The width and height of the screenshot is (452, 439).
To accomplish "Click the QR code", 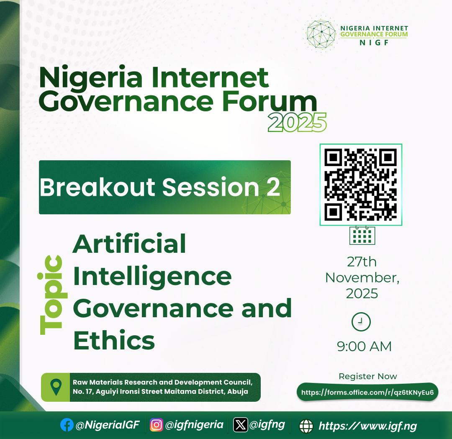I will pyautogui.click(x=361, y=185).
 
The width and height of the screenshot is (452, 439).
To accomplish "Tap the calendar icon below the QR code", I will pyautogui.click(x=362, y=235).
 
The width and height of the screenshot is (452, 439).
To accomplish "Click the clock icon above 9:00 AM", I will pyautogui.click(x=361, y=322).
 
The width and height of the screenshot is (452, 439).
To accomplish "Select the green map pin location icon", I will pyautogui.click(x=56, y=387).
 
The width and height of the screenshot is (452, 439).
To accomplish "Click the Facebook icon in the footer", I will pyautogui.click(x=67, y=425).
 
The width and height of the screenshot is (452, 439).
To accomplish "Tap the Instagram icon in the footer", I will pyautogui.click(x=157, y=425).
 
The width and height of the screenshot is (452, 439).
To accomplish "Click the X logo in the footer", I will pyautogui.click(x=241, y=425).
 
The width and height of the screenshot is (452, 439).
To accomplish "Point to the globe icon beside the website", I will pyautogui.click(x=306, y=426).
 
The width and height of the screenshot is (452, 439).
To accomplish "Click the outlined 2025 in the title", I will pyautogui.click(x=297, y=123).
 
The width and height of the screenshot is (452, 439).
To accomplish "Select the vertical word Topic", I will pyautogui.click(x=51, y=295).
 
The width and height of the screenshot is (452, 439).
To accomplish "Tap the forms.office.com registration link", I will pyautogui.click(x=367, y=393).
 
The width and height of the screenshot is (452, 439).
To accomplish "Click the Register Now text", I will pyautogui.click(x=367, y=376).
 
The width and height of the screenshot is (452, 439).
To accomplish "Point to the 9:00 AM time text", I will pyautogui.click(x=364, y=347).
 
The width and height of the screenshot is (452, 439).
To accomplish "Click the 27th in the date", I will pyautogui.click(x=362, y=262).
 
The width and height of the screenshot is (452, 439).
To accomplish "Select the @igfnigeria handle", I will pyautogui.click(x=194, y=425).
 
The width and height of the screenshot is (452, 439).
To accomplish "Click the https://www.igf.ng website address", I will pyautogui.click(x=367, y=426).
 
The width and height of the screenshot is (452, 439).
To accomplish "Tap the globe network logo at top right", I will pyautogui.click(x=321, y=33).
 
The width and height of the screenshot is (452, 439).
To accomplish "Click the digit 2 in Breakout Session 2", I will pyautogui.click(x=272, y=187).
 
